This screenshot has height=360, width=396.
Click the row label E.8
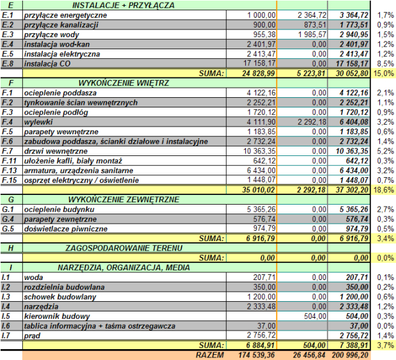(x=8, y=63)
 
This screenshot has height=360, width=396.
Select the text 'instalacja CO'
(x=47, y=63)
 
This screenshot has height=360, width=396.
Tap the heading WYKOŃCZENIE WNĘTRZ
(x=123, y=83)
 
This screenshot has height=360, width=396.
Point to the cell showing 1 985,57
(x=312, y=35)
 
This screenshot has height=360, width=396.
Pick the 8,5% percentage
(x=385, y=63)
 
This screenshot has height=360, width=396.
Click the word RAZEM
(x=210, y=355)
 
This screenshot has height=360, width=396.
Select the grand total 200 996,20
(x=350, y=355)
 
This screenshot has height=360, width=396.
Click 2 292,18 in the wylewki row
(x=312, y=122)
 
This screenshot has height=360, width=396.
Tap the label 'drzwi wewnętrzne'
(x=56, y=151)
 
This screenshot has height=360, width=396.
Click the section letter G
(x=11, y=200)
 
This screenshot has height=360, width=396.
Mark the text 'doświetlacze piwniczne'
(x=66, y=229)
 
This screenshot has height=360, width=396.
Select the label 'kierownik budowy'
(x=57, y=317)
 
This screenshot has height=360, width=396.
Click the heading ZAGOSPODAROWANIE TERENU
(x=124, y=248)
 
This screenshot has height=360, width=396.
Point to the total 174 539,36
(x=256, y=355)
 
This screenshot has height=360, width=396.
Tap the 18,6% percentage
(x=384, y=190)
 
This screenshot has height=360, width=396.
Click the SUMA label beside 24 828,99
(x=211, y=74)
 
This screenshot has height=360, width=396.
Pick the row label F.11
(x=9, y=160)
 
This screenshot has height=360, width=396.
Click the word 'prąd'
(x=32, y=336)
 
